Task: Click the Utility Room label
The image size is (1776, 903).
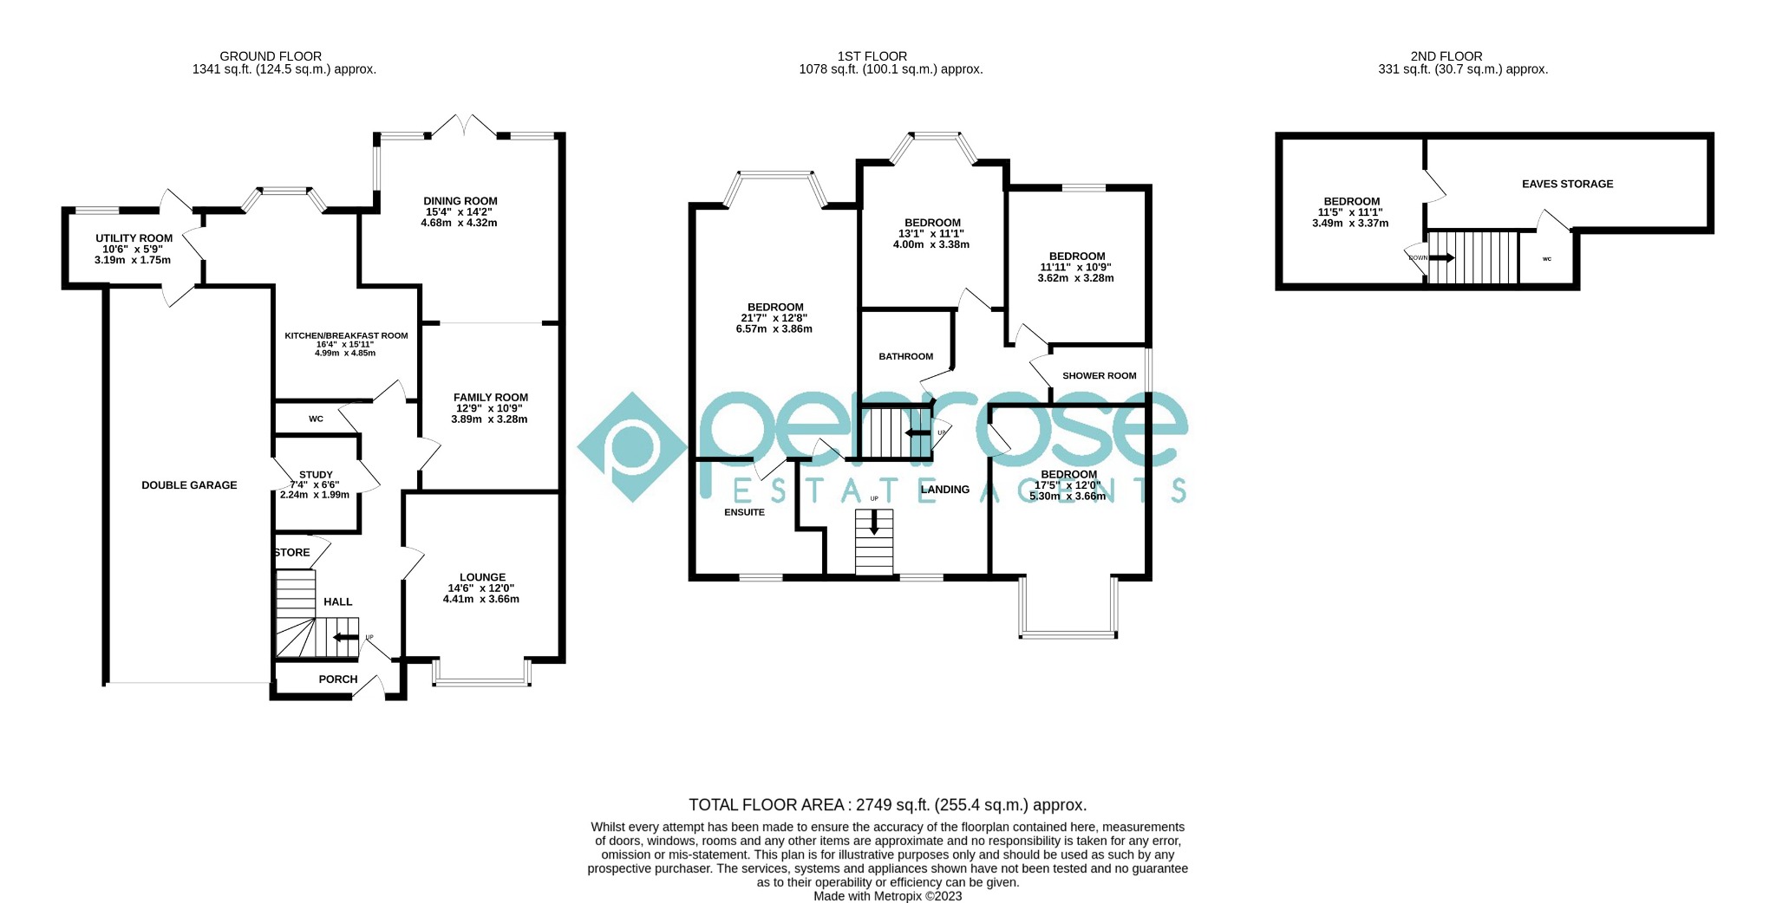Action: point(134,238)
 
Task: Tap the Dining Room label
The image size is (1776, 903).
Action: point(460,201)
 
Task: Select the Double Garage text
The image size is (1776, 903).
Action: point(189,485)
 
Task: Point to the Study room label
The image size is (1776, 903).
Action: point(316,475)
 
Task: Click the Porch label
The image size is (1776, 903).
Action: point(338,679)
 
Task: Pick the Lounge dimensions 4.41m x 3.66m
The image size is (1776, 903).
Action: point(481,599)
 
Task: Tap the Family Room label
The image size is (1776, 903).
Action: point(491,398)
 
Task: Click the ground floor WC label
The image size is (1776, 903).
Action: point(316,419)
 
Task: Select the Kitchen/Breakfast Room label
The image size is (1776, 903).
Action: point(346,335)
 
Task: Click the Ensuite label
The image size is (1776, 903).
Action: point(745,512)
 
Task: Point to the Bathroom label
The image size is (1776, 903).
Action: point(906,356)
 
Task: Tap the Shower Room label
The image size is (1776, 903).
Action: point(1100,376)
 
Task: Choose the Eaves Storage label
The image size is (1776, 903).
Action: point(1568,184)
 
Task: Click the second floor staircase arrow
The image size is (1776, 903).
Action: point(1442,257)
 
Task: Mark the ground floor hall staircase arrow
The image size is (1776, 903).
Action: point(346,638)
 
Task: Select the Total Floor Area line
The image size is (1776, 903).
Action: point(887,805)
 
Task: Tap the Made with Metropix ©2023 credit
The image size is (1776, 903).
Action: point(887,896)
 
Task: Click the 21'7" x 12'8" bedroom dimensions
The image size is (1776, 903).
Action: point(775,318)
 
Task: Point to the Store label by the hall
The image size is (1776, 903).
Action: point(292,553)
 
